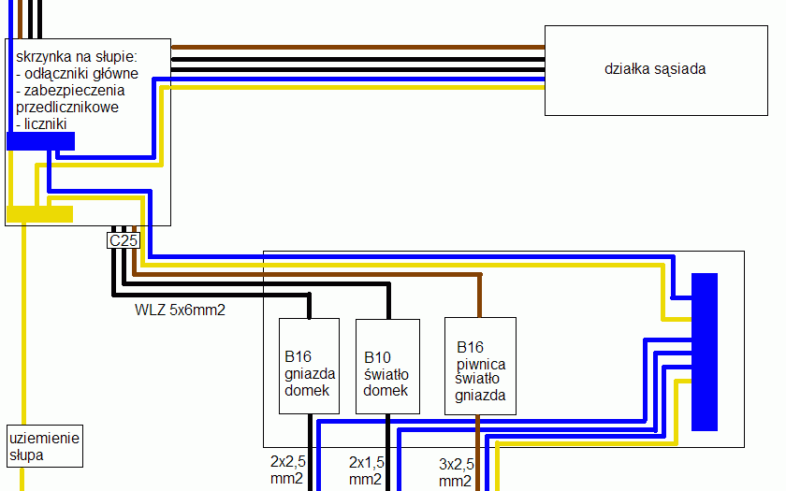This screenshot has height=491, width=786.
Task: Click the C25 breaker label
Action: [124, 241]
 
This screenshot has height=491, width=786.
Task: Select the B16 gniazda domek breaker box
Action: [309, 366]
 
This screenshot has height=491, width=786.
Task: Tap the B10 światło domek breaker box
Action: [386, 366]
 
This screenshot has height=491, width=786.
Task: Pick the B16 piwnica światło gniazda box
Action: [480, 366]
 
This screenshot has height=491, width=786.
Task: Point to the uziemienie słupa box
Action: [45, 446]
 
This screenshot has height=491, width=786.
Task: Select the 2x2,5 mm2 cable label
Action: [287, 470]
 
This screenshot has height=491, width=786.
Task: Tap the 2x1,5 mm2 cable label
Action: [366, 470]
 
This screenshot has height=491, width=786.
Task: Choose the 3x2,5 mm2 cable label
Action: [456, 471]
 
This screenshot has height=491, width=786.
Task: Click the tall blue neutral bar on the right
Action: [704, 352]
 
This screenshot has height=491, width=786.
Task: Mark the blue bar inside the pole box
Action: [39, 141]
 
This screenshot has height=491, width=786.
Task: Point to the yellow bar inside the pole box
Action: [39, 214]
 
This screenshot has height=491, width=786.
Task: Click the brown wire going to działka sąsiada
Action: [356, 46]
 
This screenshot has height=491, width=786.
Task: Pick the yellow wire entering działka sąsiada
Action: [356, 88]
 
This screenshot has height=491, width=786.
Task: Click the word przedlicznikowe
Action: [67, 108]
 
